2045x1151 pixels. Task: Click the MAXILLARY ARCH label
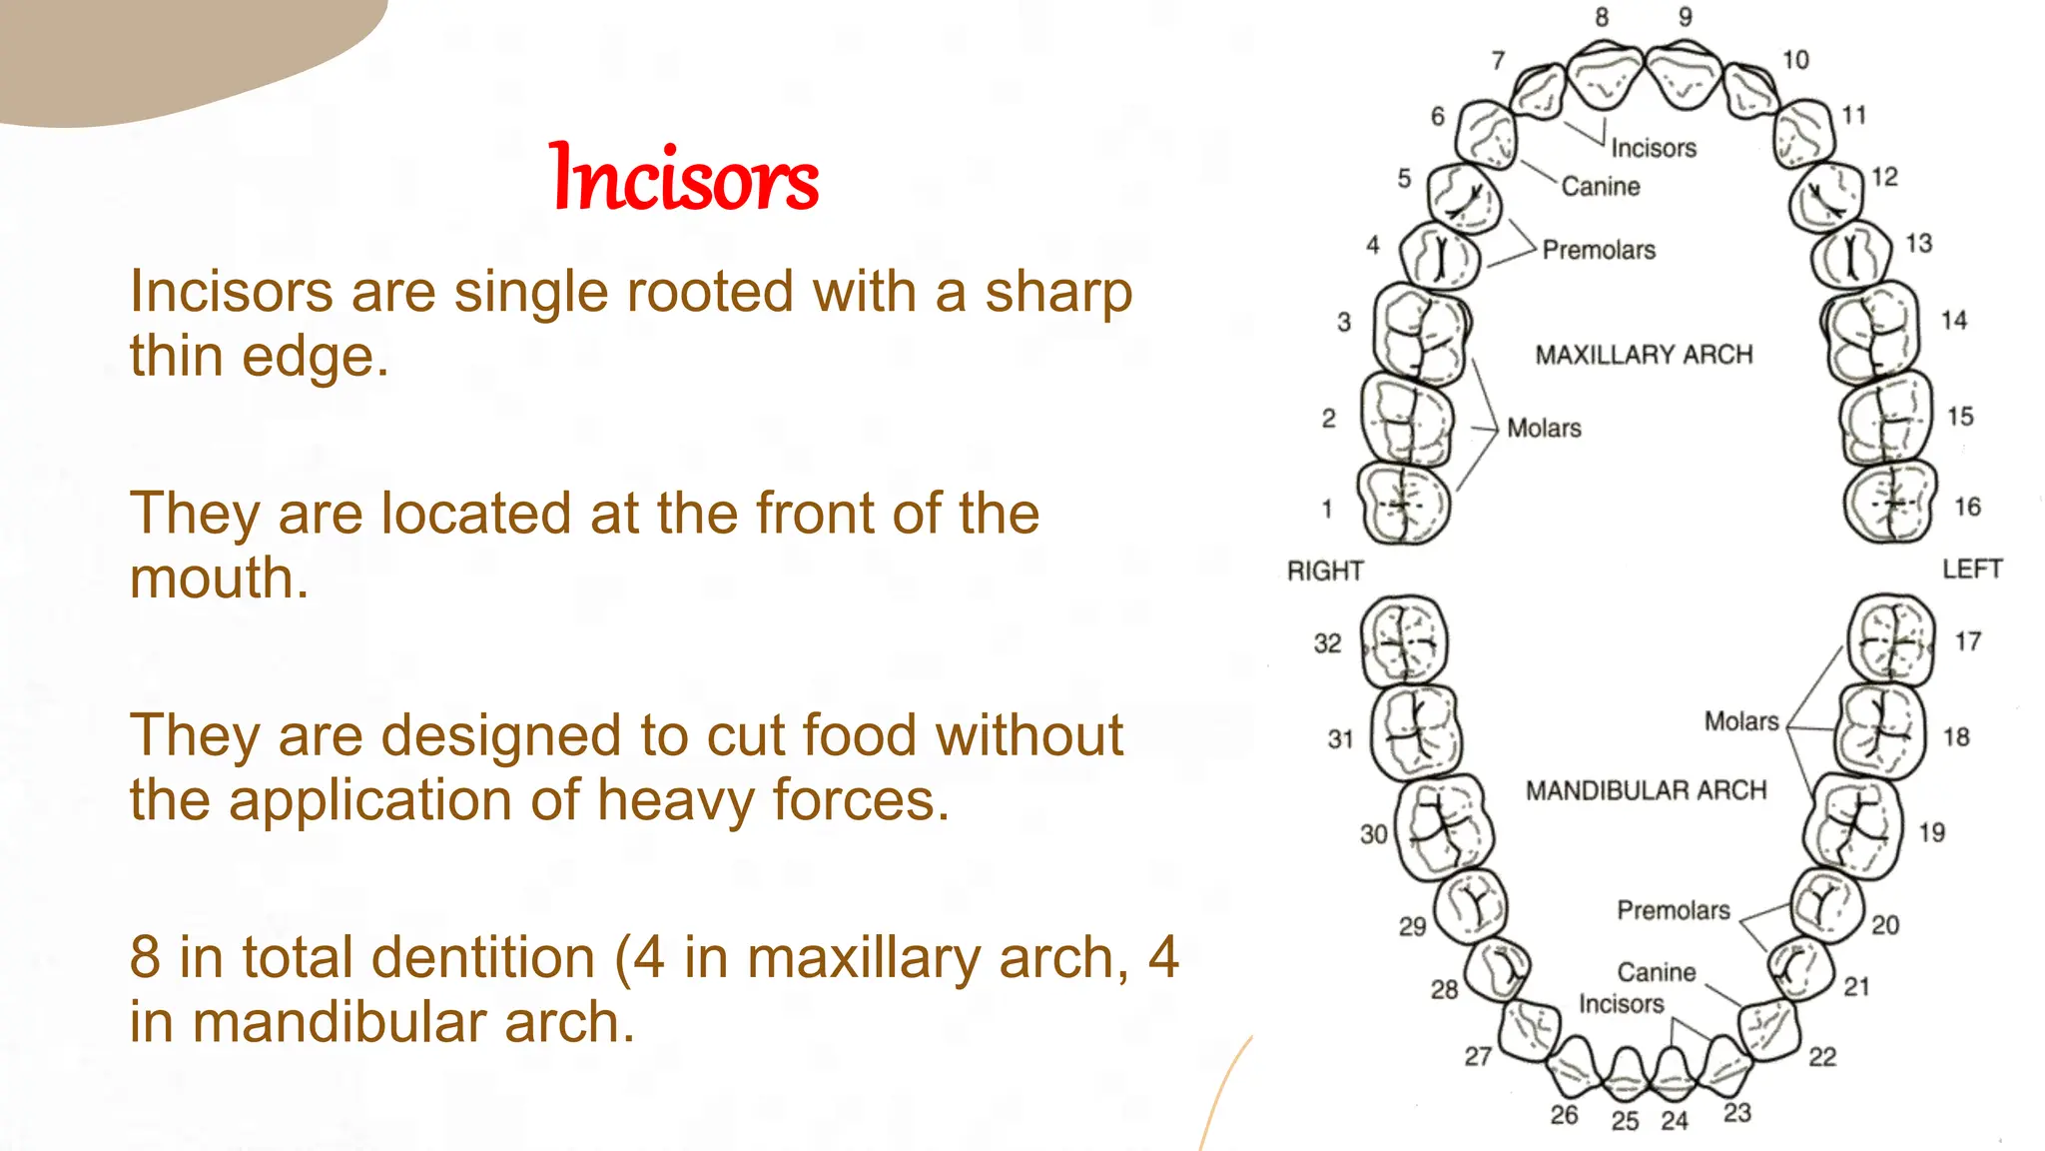[1644, 355]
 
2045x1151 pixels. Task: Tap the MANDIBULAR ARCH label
[1646, 790]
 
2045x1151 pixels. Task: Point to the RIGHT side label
[1325, 571]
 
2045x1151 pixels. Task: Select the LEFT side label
[1971, 569]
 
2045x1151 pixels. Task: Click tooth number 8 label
[1602, 17]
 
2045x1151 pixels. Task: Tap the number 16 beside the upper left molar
[1967, 507]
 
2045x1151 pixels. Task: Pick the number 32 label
[1327, 643]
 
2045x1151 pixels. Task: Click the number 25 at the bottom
[1625, 1120]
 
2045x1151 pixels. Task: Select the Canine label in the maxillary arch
[1601, 187]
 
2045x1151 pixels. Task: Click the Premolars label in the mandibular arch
[1674, 910]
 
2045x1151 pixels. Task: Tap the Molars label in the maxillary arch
[1544, 429]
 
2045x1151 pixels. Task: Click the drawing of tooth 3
[1420, 334]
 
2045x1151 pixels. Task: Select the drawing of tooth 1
[1404, 504]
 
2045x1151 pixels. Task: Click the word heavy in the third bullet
[675, 800]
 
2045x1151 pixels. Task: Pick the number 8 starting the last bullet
[145, 957]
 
